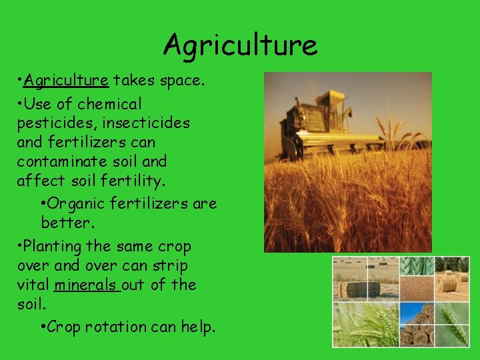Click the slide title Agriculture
point(240,45)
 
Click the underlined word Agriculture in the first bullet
point(65,81)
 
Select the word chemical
point(109,104)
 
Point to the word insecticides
point(146,123)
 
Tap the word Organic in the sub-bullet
point(75,203)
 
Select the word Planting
point(53,247)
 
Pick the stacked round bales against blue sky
point(417,325)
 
